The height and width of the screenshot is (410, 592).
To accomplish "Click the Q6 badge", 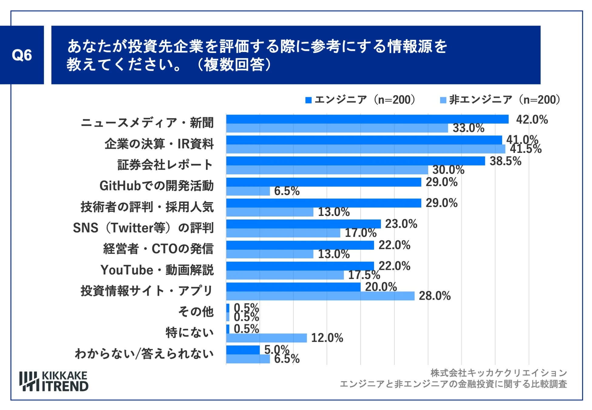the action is [22, 55].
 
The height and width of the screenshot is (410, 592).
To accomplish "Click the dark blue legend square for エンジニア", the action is [308, 100].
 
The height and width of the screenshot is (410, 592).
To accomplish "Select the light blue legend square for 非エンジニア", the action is [443, 100].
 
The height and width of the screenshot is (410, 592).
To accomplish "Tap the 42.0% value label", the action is [532, 119].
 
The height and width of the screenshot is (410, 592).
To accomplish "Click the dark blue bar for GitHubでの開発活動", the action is [323, 182].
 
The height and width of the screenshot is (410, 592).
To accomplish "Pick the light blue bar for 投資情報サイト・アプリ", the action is [320, 296].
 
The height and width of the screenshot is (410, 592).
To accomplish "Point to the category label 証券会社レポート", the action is [165, 165].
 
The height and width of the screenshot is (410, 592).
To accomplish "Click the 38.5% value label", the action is [505, 161].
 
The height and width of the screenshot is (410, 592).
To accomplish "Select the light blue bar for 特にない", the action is [266, 338].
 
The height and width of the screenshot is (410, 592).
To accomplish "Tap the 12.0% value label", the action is [327, 338].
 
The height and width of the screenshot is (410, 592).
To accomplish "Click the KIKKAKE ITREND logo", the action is [54, 381].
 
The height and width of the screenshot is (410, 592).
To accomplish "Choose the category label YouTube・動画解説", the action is [157, 270].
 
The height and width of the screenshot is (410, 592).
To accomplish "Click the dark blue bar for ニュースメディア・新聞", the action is [367, 119].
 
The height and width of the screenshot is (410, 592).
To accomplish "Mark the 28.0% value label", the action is [434, 296].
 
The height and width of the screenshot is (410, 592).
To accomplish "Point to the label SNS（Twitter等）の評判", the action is [143, 228].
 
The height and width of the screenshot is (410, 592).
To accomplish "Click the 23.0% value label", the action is [401, 224].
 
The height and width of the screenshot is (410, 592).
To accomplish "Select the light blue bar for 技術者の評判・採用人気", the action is [270, 212].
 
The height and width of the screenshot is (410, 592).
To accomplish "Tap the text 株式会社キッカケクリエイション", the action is [498, 373].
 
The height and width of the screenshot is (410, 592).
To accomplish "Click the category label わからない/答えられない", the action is [144, 354].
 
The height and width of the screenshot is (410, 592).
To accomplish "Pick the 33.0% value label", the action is [468, 128].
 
